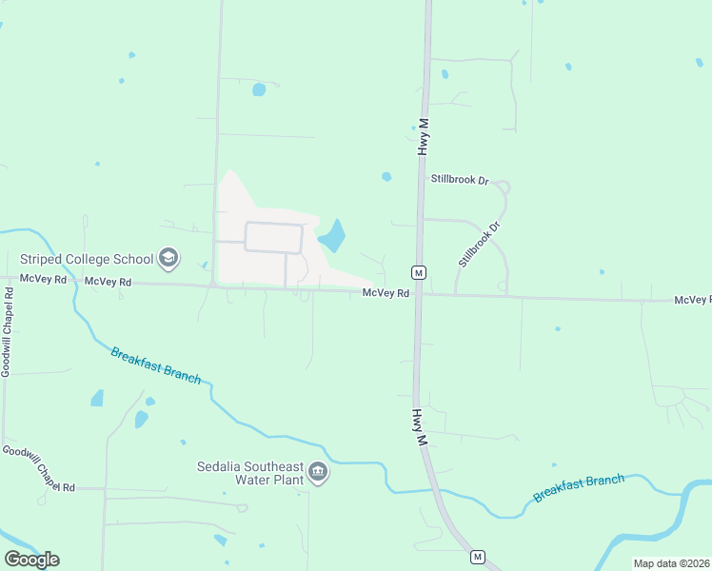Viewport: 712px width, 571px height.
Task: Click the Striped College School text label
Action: tap(87, 258)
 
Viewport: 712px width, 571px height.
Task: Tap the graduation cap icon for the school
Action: tap(168, 258)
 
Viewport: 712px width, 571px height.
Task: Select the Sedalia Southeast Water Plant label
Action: tap(249, 472)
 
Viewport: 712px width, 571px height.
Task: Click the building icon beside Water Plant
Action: tap(319, 472)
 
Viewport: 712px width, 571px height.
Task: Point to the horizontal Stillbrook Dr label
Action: tap(459, 179)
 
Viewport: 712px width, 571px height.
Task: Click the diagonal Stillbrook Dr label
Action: tap(479, 245)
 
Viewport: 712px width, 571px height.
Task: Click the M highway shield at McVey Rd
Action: tap(418, 272)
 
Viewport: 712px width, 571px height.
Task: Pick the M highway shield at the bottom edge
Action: tap(478, 557)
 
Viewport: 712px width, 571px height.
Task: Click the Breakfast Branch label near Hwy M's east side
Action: tap(579, 488)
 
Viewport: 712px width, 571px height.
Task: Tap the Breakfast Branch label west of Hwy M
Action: tap(155, 365)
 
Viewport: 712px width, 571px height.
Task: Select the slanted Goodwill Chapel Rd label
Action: tap(38, 468)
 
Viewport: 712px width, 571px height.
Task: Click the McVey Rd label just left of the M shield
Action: tap(386, 293)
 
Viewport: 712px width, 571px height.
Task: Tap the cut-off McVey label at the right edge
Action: tap(692, 300)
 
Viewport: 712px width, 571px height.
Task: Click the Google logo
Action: tap(31, 559)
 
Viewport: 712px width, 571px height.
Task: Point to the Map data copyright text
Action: tap(671, 563)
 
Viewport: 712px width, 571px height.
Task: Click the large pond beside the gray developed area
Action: tap(332, 235)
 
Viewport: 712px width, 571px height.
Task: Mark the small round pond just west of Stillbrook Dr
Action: tap(386, 176)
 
